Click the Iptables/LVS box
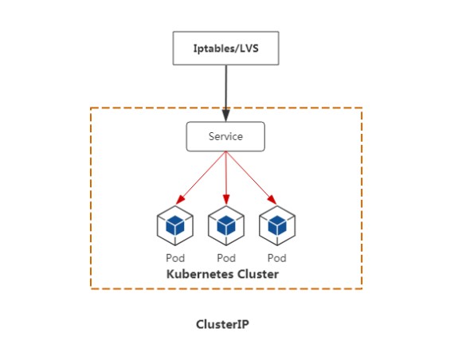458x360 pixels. (225, 48)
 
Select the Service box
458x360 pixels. (225, 136)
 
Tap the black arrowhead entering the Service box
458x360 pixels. (225, 115)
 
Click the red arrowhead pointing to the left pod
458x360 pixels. (180, 200)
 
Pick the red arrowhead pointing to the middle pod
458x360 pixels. (226, 199)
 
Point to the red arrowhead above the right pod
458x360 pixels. (272, 200)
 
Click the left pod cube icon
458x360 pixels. (175, 225)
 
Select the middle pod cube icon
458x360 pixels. (226, 225)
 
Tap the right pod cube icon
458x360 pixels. (277, 225)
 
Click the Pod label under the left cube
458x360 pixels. (175, 258)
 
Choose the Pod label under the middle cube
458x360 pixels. (226, 258)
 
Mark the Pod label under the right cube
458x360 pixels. (277, 258)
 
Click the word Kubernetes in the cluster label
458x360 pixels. (200, 274)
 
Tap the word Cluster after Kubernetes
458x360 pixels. (258, 274)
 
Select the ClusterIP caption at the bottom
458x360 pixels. (222, 324)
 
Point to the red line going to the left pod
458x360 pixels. (201, 178)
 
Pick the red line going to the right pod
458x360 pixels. (251, 178)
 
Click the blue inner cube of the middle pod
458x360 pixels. (226, 225)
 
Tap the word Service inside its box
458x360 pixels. (225, 136)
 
